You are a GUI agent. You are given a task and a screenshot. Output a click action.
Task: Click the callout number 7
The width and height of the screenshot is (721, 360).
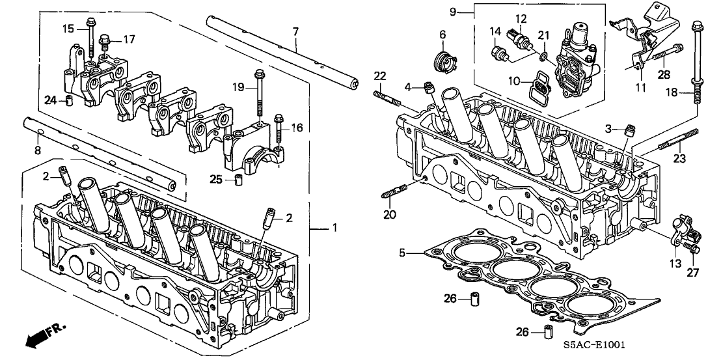(x=295, y=31)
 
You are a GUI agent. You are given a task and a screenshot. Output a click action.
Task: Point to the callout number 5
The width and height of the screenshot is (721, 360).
(x=403, y=252)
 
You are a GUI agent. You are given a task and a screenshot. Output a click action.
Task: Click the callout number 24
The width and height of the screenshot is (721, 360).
(x=50, y=100)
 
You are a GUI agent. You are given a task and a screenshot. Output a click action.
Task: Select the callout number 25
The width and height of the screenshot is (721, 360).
(x=217, y=178)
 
